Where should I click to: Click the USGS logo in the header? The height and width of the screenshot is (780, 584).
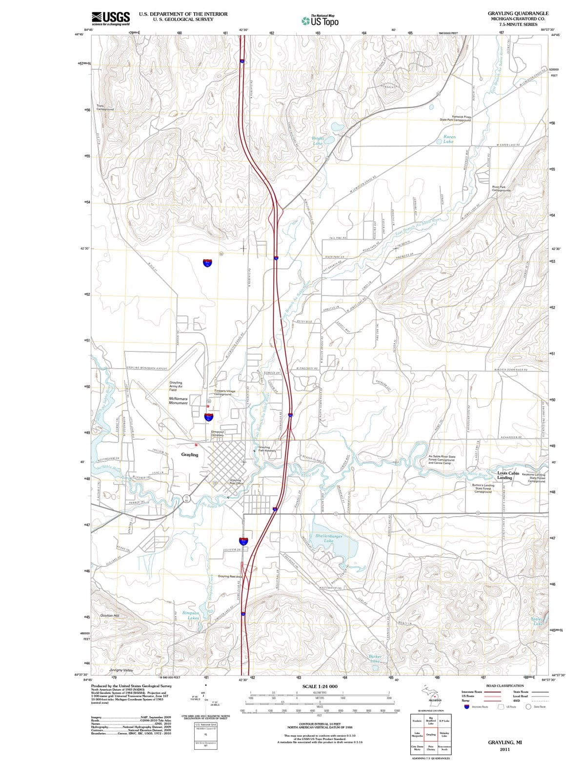point(111,18)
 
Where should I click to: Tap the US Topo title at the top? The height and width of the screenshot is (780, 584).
point(320,21)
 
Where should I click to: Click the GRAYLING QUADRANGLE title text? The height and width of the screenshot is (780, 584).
point(518,13)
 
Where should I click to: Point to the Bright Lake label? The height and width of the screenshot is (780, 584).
point(318,141)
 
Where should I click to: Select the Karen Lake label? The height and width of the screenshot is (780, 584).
point(449,139)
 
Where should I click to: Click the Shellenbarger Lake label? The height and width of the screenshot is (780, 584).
point(328,538)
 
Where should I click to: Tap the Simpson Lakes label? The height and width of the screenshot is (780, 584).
point(190,615)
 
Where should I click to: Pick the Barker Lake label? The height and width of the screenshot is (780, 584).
point(375,659)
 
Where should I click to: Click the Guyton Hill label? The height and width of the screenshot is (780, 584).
point(110,615)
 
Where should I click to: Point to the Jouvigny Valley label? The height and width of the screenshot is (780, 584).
point(121,670)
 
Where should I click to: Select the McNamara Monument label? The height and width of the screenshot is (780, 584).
point(178,401)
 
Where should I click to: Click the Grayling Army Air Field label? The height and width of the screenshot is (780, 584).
point(176,386)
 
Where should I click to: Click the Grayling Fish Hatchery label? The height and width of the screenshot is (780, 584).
point(267,449)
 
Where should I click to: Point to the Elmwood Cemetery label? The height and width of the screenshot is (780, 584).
point(217,433)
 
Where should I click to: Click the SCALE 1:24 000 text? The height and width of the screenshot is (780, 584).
point(320,686)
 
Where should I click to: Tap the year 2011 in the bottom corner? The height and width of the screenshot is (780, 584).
point(504,749)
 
